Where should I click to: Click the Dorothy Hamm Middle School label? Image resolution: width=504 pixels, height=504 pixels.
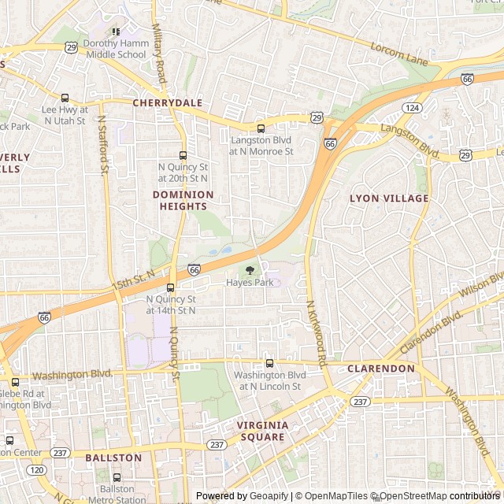tap(115, 49)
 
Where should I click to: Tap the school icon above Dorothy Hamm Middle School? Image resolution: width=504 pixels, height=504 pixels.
tap(116, 32)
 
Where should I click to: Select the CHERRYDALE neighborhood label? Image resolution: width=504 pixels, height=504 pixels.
tap(167, 103)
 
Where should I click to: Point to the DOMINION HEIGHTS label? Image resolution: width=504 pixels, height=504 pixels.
tap(183, 200)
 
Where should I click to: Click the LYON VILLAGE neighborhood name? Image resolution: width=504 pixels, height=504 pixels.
tap(389, 198)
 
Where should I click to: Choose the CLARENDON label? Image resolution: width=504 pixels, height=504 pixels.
tap(381, 369)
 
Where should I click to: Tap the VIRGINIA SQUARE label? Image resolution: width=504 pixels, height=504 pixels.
tap(262, 431)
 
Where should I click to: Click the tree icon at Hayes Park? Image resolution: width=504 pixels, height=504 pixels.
tap(250, 270)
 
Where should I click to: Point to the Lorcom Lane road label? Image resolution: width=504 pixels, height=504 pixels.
tap(398, 49)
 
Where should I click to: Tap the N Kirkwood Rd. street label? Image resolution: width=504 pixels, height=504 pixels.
tap(315, 335)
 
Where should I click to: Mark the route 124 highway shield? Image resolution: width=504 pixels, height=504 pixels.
tap(412, 107)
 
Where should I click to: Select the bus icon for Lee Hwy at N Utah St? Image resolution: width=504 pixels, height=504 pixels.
tap(65, 98)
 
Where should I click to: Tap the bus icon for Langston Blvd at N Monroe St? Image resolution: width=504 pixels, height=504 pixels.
tap(261, 128)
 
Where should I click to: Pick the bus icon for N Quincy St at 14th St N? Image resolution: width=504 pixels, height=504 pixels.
tap(171, 287)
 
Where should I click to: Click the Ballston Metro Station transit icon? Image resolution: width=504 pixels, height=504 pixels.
tap(117, 477)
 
